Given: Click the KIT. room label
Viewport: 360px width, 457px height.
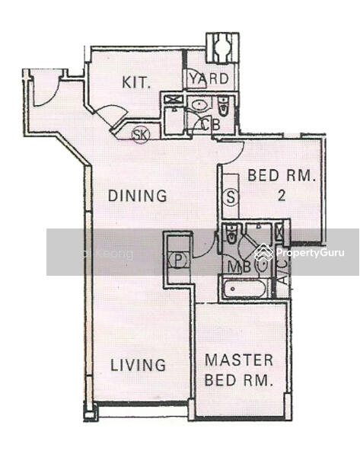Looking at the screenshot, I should [x=139, y=81].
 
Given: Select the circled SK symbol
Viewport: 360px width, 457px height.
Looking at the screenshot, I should [x=140, y=135].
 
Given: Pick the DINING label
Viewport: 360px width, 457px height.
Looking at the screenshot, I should [x=137, y=196].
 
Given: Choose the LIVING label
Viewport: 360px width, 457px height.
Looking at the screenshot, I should [x=138, y=365].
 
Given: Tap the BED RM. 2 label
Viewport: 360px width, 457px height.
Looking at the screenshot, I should [x=281, y=185].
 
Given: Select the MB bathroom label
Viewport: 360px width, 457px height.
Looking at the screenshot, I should [x=237, y=267].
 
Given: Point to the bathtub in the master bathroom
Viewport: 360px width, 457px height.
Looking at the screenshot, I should [x=243, y=289].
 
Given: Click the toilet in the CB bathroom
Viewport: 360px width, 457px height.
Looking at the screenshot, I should [x=223, y=105].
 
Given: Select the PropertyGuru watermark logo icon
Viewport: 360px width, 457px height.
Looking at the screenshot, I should [x=263, y=252].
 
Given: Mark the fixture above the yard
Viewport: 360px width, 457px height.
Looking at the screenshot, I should [x=223, y=48].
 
